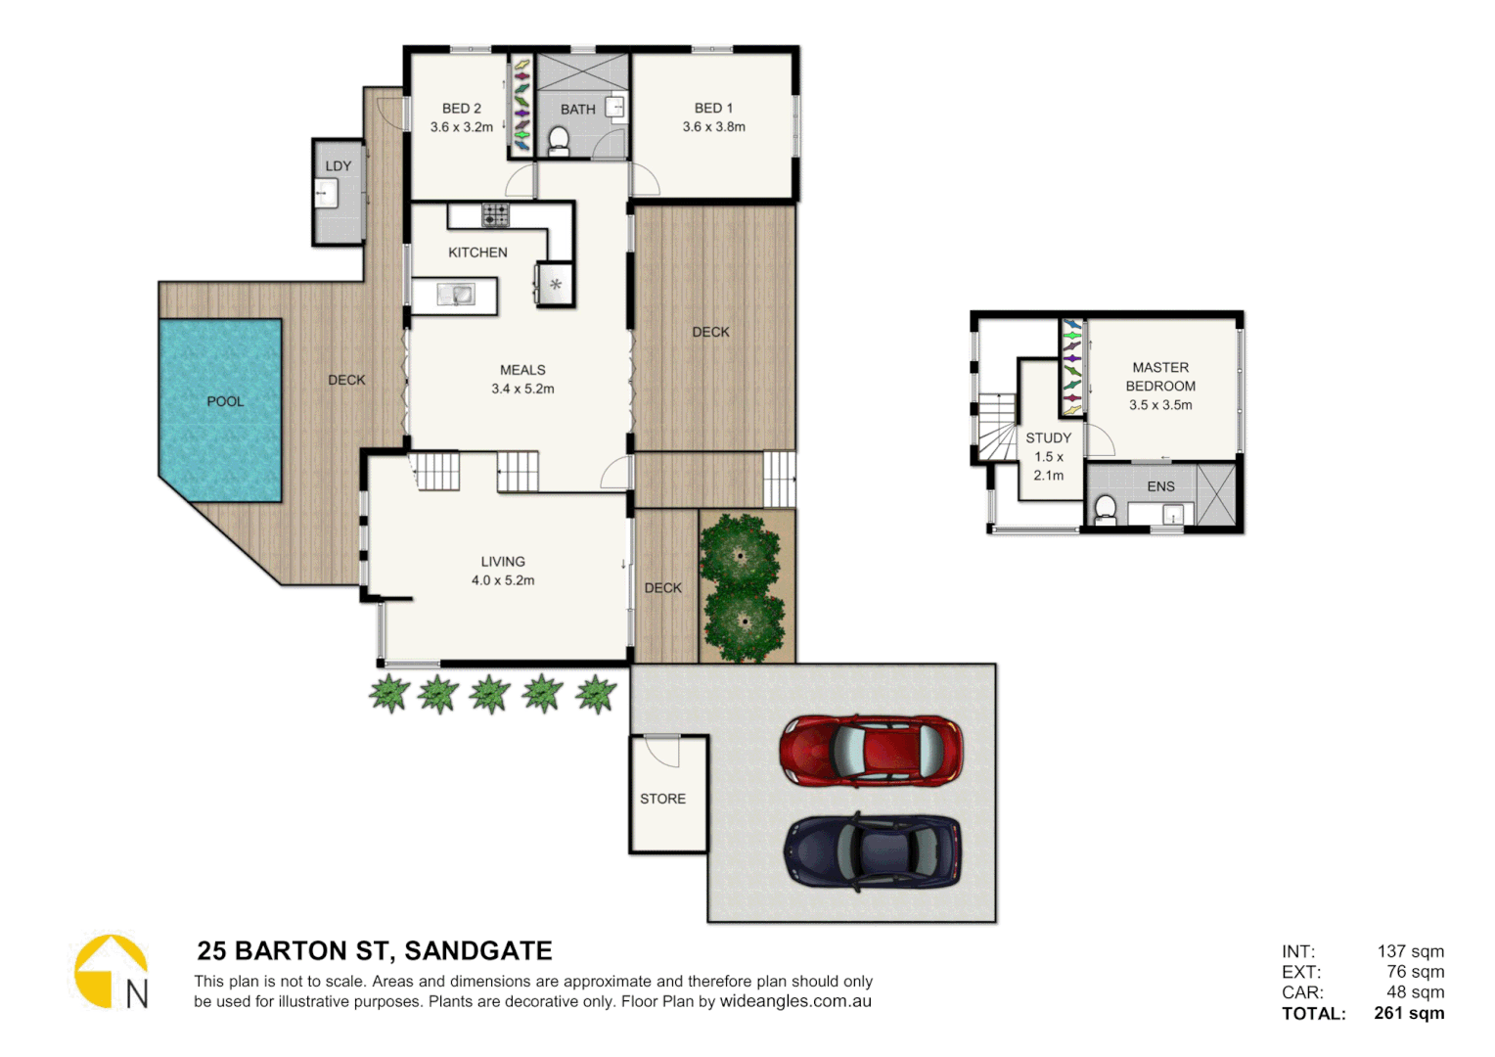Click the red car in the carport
[871, 751]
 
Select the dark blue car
[872, 851]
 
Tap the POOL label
[225, 401]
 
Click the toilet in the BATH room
[559, 141]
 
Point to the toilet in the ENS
[1105, 510]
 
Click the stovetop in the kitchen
[495, 214]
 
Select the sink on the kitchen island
[455, 294]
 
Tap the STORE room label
[662, 799]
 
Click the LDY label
[339, 166]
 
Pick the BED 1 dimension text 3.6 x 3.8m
[713, 127]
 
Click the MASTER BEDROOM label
[1160, 377]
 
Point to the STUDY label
[1048, 438]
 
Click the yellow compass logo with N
[112, 972]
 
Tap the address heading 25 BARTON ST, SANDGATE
[375, 951]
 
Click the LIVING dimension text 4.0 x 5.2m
[503, 580]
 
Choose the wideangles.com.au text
[795, 1001]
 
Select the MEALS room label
[522, 370]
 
